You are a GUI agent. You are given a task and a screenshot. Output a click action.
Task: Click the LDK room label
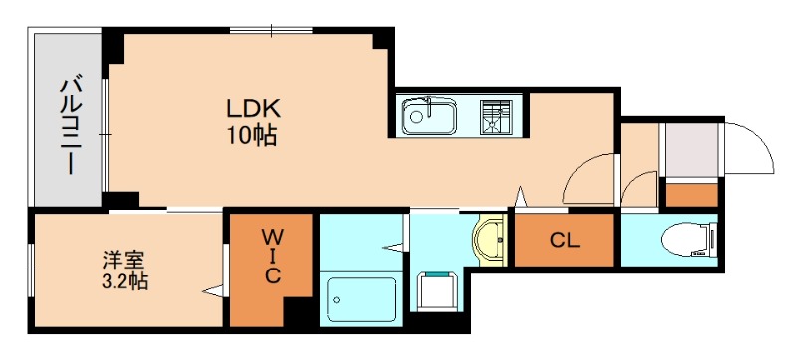[x=253, y=109]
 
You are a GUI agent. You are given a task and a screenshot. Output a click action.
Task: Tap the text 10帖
[x=252, y=135]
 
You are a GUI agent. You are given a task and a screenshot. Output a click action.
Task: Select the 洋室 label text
[x=124, y=260]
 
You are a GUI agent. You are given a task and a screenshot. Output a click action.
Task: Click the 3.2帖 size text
[x=125, y=280]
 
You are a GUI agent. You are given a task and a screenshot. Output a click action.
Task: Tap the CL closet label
[x=565, y=241]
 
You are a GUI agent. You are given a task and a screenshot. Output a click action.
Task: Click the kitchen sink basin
[x=429, y=116]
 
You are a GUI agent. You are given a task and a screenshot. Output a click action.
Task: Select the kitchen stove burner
[x=496, y=117]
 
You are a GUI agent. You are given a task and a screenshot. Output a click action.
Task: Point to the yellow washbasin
[x=490, y=240]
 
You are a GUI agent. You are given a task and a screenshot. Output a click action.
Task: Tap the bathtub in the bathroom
[x=361, y=299]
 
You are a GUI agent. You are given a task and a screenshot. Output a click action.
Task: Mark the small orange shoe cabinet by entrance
[x=692, y=195]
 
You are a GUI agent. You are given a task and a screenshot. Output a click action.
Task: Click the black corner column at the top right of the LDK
[x=383, y=40]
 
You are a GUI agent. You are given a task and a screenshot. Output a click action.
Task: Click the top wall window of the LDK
[x=271, y=31]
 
